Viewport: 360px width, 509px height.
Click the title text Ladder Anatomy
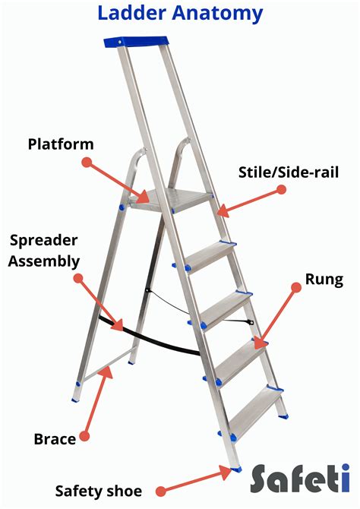click(180, 13)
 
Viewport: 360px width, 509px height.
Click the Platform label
click(61, 144)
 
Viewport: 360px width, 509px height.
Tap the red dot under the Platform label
click(87, 162)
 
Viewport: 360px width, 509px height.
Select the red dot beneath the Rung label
click(296, 286)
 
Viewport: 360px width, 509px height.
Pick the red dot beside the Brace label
click(84, 437)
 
